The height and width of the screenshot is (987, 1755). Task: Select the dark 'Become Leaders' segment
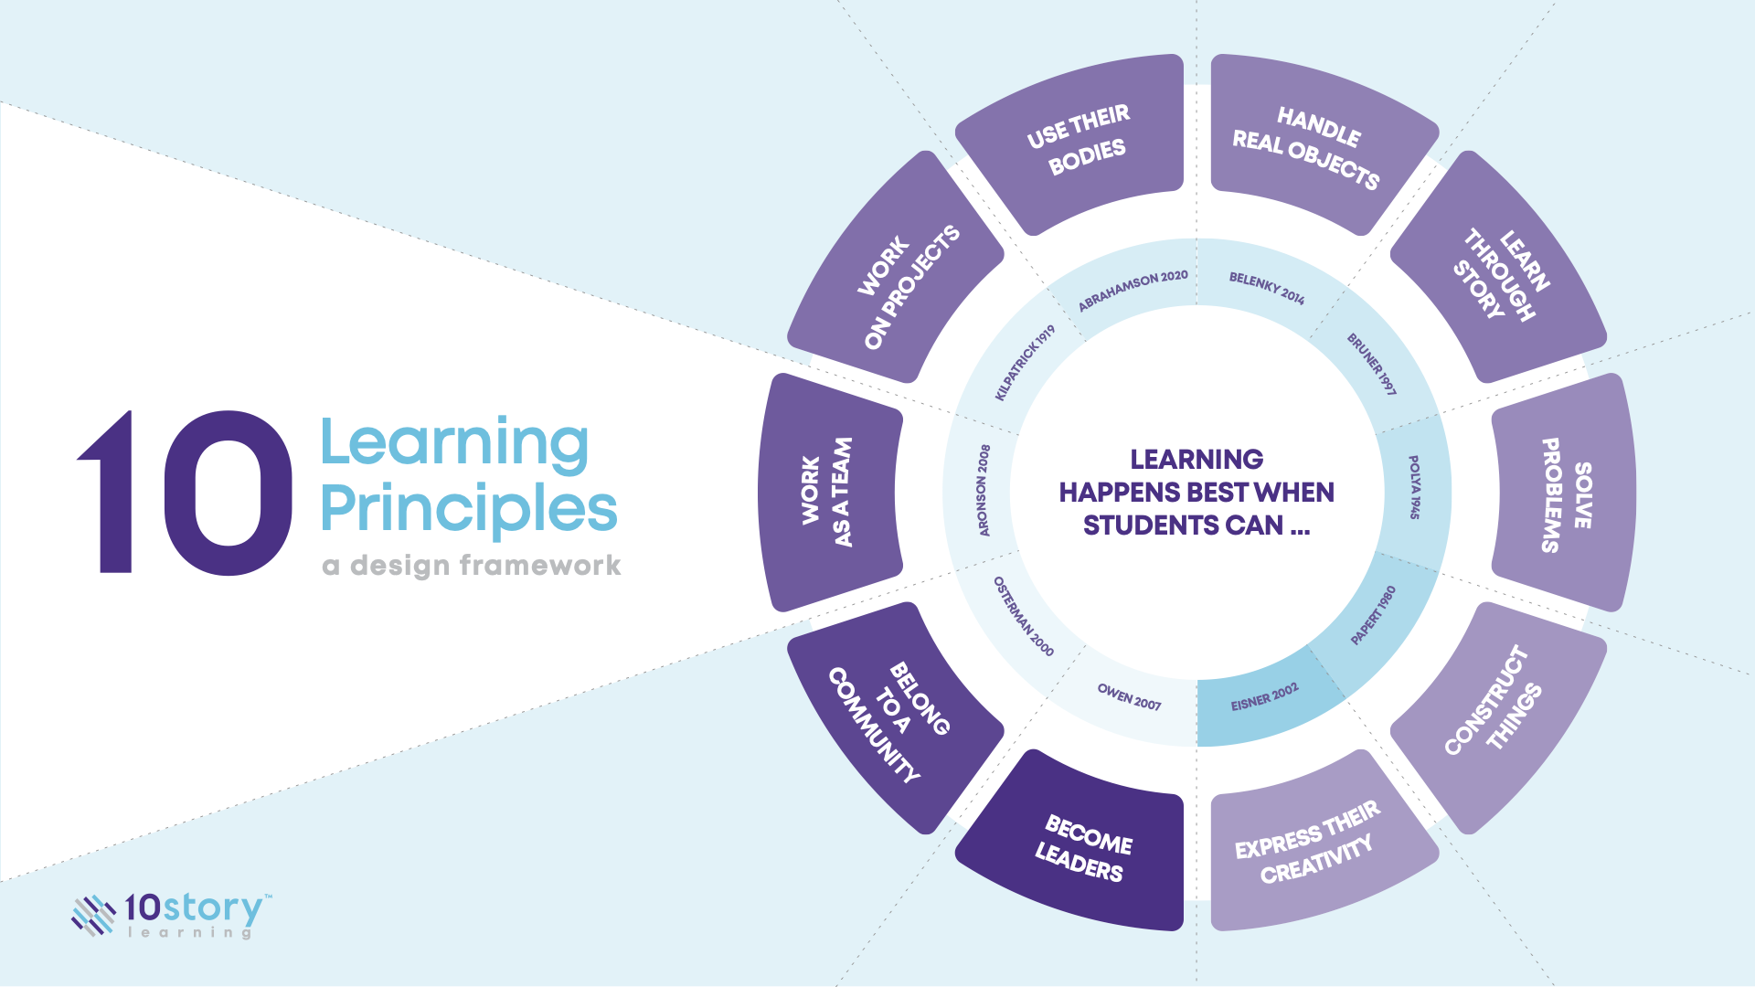pyautogui.click(x=1082, y=846)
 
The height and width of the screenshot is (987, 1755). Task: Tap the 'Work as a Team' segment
pyautogui.click(x=826, y=493)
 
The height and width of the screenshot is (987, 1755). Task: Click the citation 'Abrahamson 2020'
pyautogui.click(x=1133, y=290)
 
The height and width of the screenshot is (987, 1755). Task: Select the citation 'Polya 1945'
pyautogui.click(x=1414, y=487)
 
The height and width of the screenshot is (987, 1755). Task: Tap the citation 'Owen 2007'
pyautogui.click(x=1129, y=697)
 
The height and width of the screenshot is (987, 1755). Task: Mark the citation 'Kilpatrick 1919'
pyautogui.click(x=1025, y=362)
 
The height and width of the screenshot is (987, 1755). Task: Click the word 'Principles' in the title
pyautogui.click(x=469, y=508)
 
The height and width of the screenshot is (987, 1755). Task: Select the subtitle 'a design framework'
pyautogui.click(x=472, y=566)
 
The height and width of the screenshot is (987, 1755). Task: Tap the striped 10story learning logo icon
pyautogui.click(x=92, y=915)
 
